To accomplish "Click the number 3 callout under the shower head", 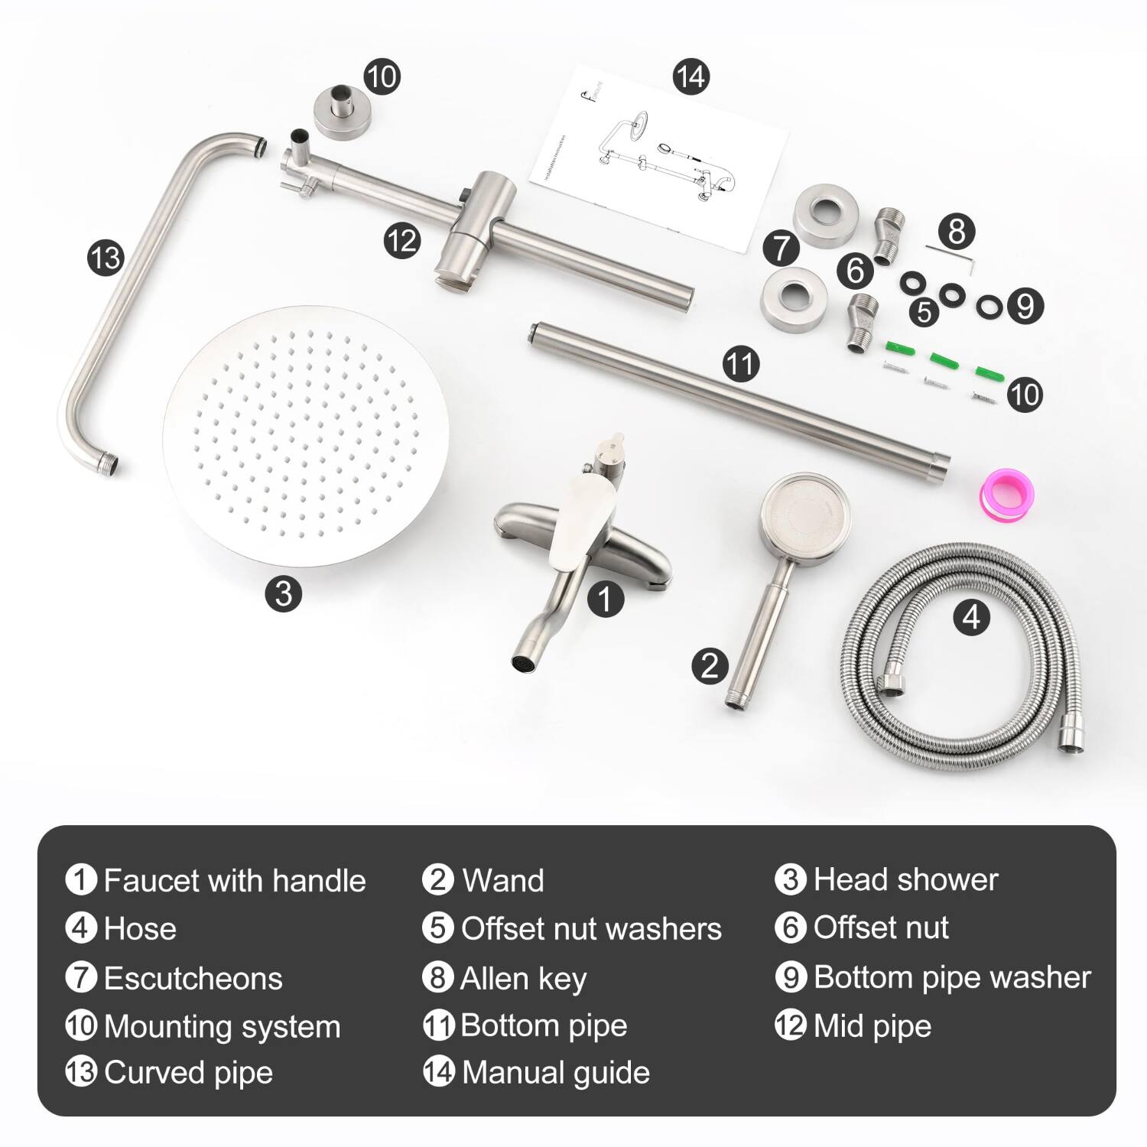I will point(284,593).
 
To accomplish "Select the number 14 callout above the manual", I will point(690,76).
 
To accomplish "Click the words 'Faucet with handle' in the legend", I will point(235,880).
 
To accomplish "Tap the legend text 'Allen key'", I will point(524,978).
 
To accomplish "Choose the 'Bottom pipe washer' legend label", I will point(952,977).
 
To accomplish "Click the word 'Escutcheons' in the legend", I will point(193,979).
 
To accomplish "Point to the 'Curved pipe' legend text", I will point(188,1072).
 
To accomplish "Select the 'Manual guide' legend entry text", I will point(556,1072).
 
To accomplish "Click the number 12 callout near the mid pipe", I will point(402,241).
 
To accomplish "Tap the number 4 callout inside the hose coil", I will point(971,616).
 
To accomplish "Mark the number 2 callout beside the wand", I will point(710,664).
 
